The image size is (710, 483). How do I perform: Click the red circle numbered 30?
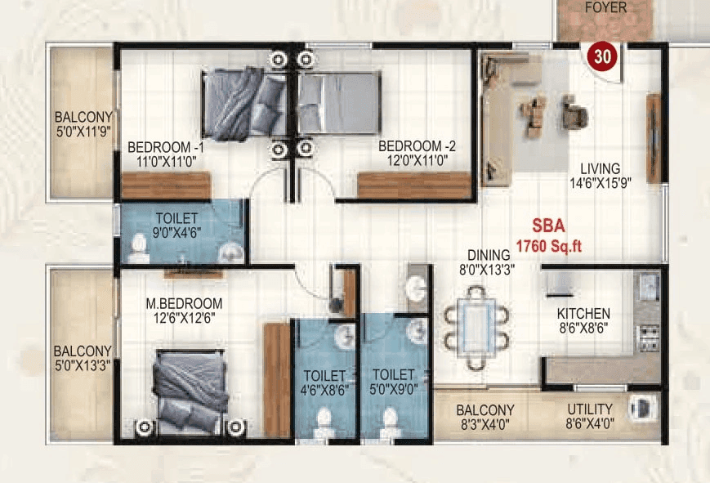pyautogui.click(x=603, y=57)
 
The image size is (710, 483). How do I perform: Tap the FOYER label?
pyautogui.click(x=605, y=8)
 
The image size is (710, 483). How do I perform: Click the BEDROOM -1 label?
pyautogui.click(x=166, y=147)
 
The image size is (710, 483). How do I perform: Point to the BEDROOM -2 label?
pyautogui.click(x=417, y=147)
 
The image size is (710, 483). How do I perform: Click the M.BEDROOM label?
pyautogui.click(x=184, y=303)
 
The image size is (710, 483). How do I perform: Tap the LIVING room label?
pyautogui.click(x=601, y=169)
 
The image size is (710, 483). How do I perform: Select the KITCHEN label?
pyautogui.click(x=583, y=314)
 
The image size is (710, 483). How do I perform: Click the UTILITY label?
pyautogui.click(x=589, y=409)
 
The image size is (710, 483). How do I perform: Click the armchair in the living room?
pyautogui.click(x=574, y=111)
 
